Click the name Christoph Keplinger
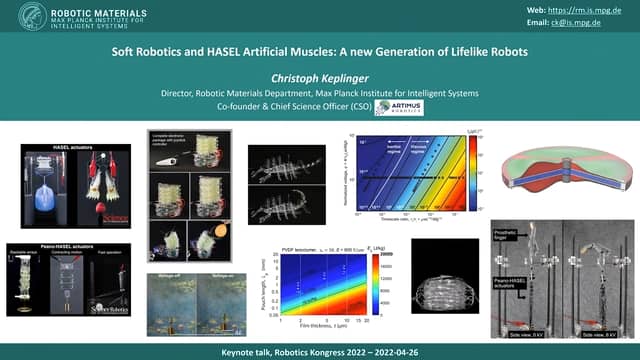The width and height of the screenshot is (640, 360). [x=319, y=76]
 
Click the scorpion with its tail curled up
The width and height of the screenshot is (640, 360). [x=282, y=164]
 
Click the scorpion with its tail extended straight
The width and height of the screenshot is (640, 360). [x=282, y=205]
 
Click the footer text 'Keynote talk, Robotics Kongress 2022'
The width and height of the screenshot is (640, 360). [x=290, y=353]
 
